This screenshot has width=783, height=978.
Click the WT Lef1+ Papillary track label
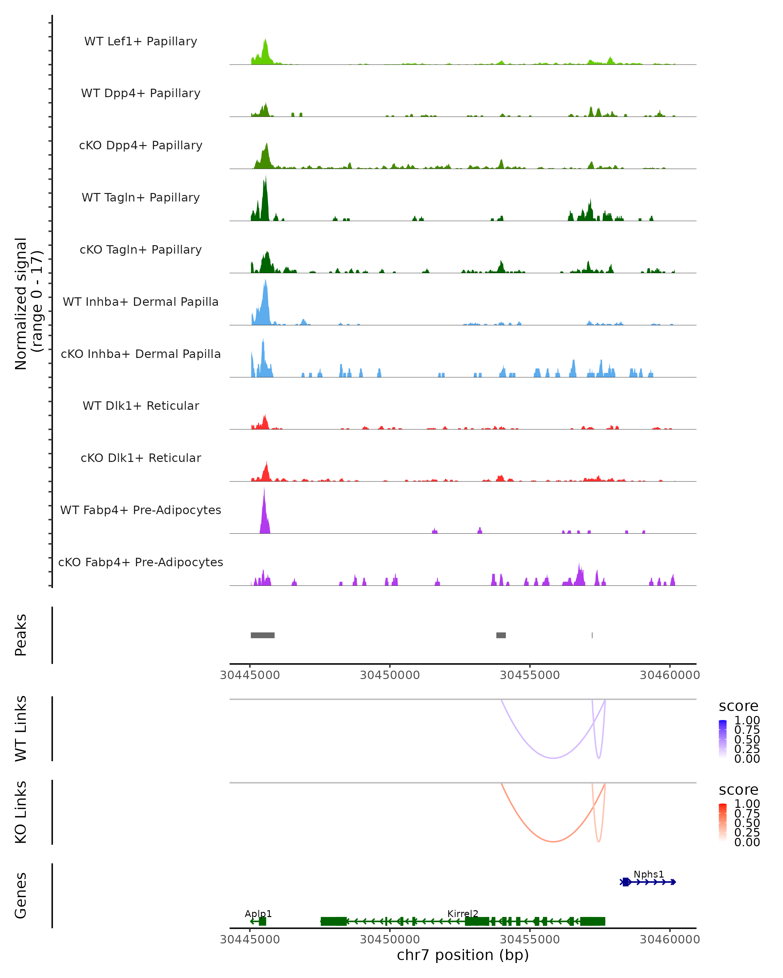pos(141,41)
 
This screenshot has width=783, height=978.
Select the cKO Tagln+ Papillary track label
pos(141,249)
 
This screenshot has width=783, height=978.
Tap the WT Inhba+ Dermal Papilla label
pos(141,302)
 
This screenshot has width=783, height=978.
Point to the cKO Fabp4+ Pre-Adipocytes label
pos(141,562)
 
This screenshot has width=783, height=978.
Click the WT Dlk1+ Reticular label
pos(141,406)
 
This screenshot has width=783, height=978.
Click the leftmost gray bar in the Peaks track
pos(262,635)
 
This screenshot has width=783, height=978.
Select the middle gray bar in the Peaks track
pos(501,635)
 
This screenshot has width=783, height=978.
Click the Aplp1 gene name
pos(258,913)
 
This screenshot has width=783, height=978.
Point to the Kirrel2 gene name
pos(463,913)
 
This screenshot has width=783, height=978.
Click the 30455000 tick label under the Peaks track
pos(530,675)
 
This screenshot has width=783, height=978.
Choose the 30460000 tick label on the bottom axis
pos(669,940)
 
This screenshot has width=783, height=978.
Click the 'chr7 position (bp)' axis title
pos(463,955)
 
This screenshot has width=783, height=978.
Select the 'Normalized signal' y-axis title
pos(21,304)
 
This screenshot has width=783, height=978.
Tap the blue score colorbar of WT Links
pos(723,739)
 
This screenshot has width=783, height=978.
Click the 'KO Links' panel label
pos(21,812)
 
